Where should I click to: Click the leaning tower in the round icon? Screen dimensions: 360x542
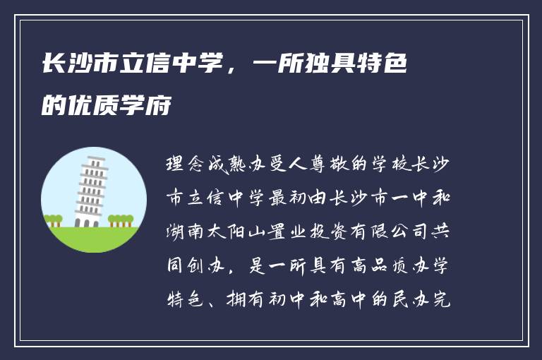(x=91, y=192)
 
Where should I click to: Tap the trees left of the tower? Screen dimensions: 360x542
(x=54, y=220)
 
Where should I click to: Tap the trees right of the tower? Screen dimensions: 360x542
(x=121, y=220)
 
